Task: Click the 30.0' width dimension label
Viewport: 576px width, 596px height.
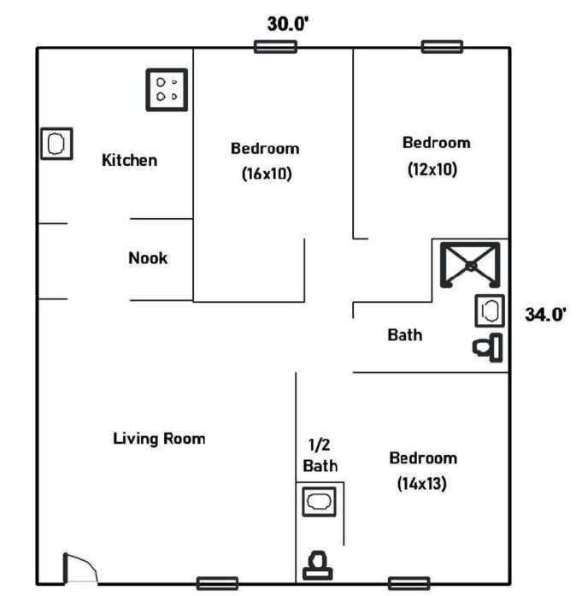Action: (288, 24)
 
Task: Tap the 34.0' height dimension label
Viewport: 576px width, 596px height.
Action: (545, 315)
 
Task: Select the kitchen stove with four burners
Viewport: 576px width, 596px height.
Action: (167, 90)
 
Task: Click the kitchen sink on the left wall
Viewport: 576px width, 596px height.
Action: (56, 144)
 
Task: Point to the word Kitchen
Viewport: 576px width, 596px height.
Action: (130, 160)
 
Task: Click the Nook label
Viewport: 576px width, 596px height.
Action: (148, 258)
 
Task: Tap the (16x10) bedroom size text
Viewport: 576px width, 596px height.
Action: (267, 174)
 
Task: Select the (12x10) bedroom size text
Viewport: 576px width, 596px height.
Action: (432, 169)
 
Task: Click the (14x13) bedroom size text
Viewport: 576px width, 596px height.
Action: (421, 483)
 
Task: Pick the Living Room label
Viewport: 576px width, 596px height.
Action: (159, 439)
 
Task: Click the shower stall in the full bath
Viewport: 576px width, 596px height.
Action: (470, 265)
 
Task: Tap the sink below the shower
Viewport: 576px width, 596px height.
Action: (490, 310)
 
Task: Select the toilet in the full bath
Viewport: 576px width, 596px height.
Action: (488, 348)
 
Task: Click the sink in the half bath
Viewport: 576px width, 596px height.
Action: (319, 502)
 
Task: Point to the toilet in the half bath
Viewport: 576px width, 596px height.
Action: (318, 565)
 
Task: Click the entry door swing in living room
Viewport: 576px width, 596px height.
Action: (80, 569)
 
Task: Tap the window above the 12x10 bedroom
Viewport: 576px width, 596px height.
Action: (443, 47)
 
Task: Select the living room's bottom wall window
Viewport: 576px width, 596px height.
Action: (217, 583)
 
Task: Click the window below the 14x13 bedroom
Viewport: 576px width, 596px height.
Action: (409, 583)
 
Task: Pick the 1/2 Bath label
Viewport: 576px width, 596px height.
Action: (320, 455)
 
